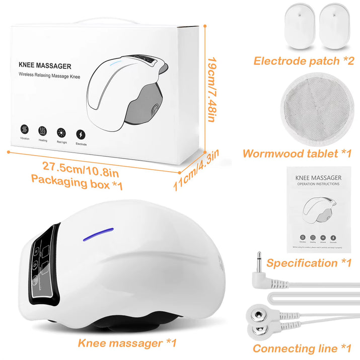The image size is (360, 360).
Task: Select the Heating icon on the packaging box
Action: [43, 130]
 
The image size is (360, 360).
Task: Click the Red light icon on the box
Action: [62, 132]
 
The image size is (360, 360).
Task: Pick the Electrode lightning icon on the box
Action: [81, 134]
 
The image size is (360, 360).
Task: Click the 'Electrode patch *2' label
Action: [304, 61]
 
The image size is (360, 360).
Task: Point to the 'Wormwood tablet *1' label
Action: [297, 154]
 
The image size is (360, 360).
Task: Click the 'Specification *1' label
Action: [309, 262]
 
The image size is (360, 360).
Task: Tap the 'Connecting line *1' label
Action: [302, 348]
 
